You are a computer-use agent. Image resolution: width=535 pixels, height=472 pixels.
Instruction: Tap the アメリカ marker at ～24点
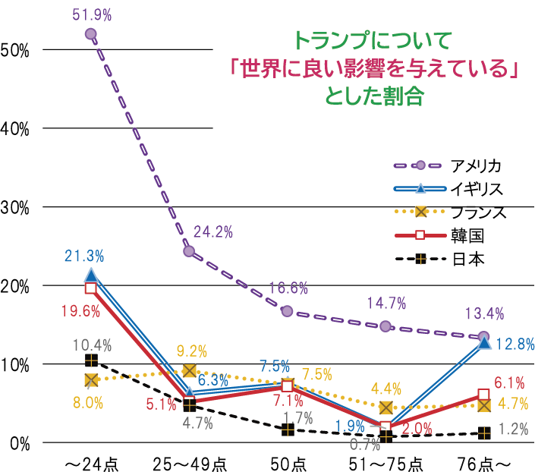point(91,34)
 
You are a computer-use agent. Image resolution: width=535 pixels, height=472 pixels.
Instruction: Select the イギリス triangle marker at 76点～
point(484,343)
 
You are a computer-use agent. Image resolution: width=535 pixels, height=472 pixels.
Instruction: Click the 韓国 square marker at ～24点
point(91,288)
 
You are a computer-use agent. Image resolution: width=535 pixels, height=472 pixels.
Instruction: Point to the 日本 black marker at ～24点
point(91,360)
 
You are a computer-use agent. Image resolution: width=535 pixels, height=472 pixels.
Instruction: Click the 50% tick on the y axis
point(16,50)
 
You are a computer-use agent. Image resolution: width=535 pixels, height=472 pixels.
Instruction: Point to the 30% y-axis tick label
point(16,207)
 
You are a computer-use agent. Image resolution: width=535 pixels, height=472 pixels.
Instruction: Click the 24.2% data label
point(213,231)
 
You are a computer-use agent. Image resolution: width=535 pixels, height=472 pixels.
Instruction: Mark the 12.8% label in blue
point(514,345)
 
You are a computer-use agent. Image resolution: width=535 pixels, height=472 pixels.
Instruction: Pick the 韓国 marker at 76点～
point(484,395)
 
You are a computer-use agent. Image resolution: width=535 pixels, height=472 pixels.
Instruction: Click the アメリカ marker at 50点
point(288,311)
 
